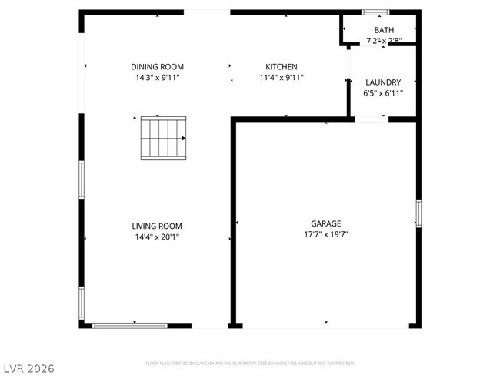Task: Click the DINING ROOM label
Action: click(157, 67)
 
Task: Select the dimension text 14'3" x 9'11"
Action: click(157, 78)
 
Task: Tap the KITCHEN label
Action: click(281, 67)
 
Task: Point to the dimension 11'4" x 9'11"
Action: click(281, 78)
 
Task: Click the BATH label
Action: click(384, 30)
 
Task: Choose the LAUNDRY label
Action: click(382, 82)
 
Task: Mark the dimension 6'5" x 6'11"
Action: click(382, 93)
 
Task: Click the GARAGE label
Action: click(326, 223)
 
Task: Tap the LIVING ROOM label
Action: click(157, 226)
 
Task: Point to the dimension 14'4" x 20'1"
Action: click(157, 237)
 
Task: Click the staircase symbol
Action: click(163, 139)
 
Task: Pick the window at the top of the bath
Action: click(376, 12)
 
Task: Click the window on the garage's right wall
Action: click(418, 213)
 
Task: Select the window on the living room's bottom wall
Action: click(130, 326)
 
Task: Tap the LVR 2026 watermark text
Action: click(28, 368)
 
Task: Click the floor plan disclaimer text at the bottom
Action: click(250, 362)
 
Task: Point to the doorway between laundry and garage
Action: click(371, 119)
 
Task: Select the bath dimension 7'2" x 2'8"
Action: click(384, 40)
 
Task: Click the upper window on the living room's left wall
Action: click(81, 180)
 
